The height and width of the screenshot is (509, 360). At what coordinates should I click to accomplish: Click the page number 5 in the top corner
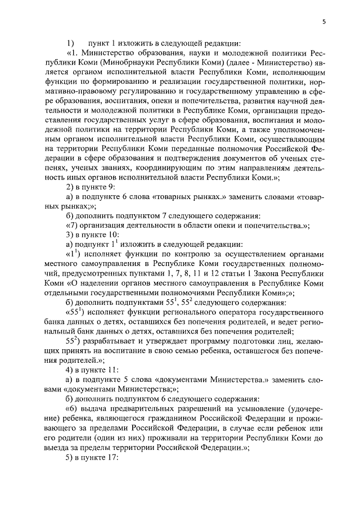[x=325, y=22]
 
